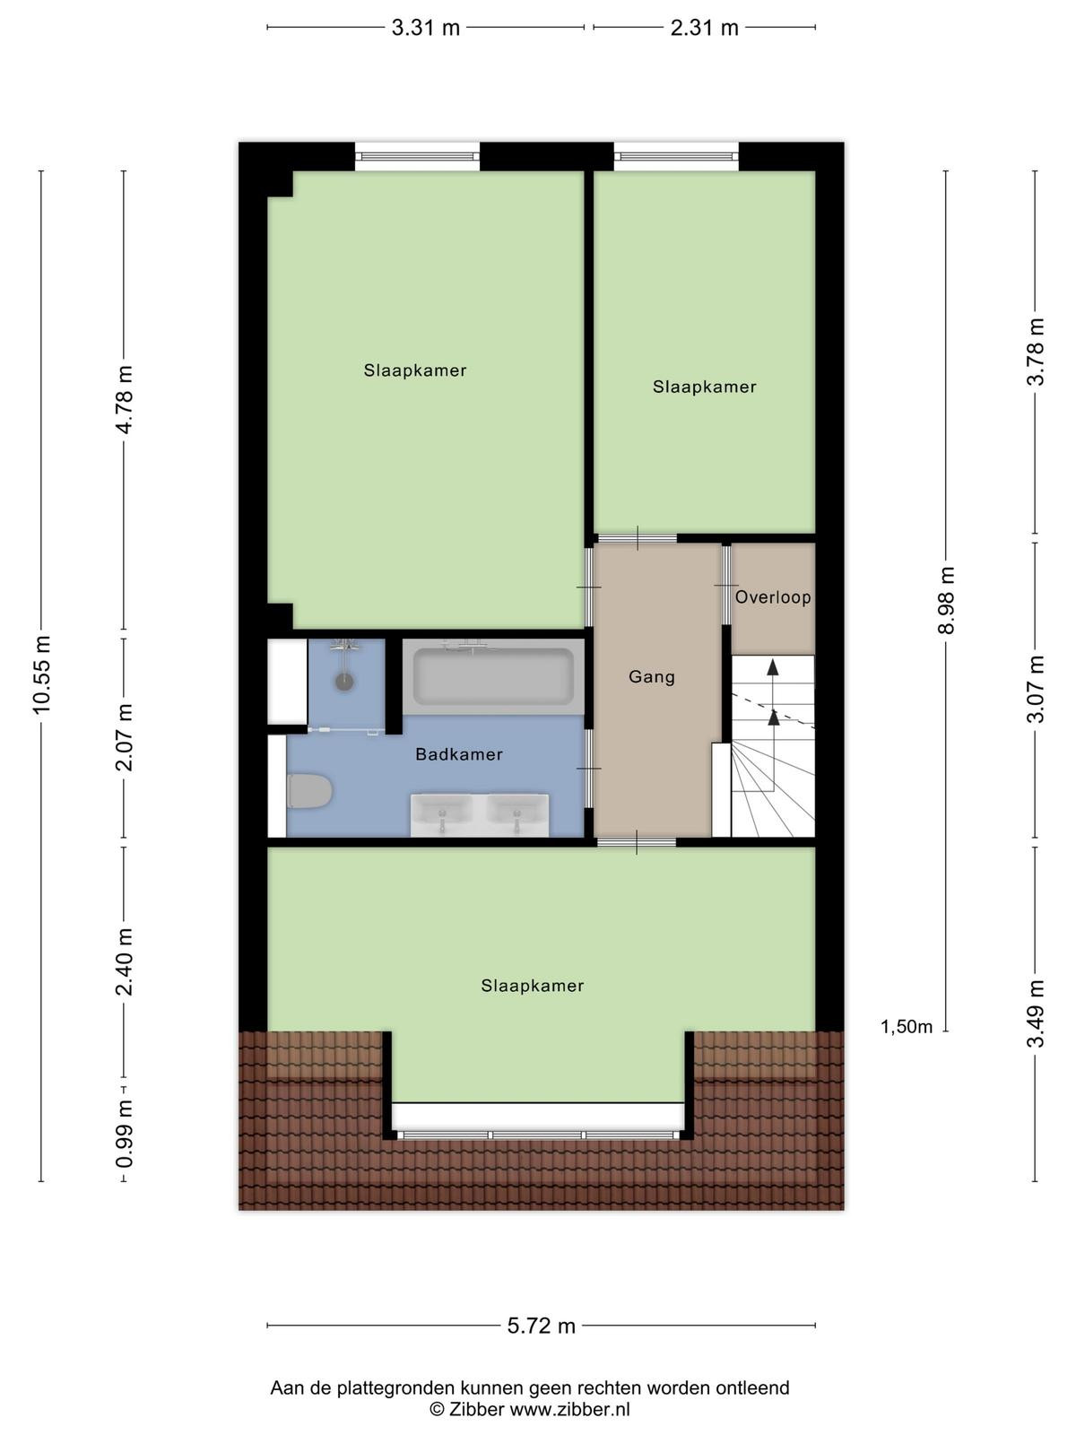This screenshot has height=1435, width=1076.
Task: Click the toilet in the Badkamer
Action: [x=309, y=791]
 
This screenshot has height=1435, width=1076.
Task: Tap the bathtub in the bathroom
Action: [x=493, y=676]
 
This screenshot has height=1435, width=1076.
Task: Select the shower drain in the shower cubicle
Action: [x=344, y=682]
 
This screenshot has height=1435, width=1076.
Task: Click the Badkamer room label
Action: [x=459, y=754]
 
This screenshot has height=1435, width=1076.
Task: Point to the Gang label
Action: [x=652, y=677]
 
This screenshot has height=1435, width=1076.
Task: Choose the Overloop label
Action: [x=773, y=597]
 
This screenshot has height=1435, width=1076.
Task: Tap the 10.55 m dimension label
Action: [x=41, y=674]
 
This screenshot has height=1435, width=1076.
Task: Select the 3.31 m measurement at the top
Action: [x=426, y=28]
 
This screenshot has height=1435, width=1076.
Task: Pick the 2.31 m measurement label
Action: [x=704, y=28]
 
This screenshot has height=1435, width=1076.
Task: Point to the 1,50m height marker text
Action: [x=907, y=1027]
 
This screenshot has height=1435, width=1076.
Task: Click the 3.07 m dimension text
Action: [x=1037, y=689]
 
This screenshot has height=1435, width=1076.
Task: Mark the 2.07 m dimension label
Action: [x=124, y=737]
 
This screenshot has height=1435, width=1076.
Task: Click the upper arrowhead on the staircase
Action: [x=773, y=667]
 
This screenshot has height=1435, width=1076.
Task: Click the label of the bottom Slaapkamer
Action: [x=533, y=986]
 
